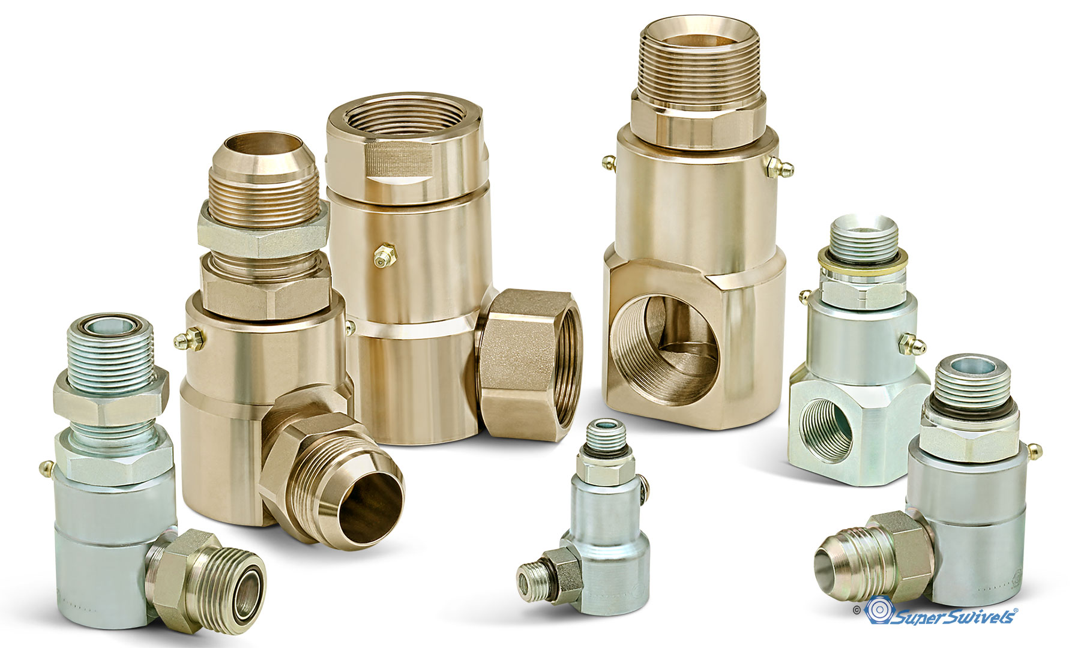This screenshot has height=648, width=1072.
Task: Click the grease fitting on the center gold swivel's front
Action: click(x=382, y=256)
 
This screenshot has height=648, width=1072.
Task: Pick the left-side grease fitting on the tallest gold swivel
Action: click(x=610, y=162)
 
